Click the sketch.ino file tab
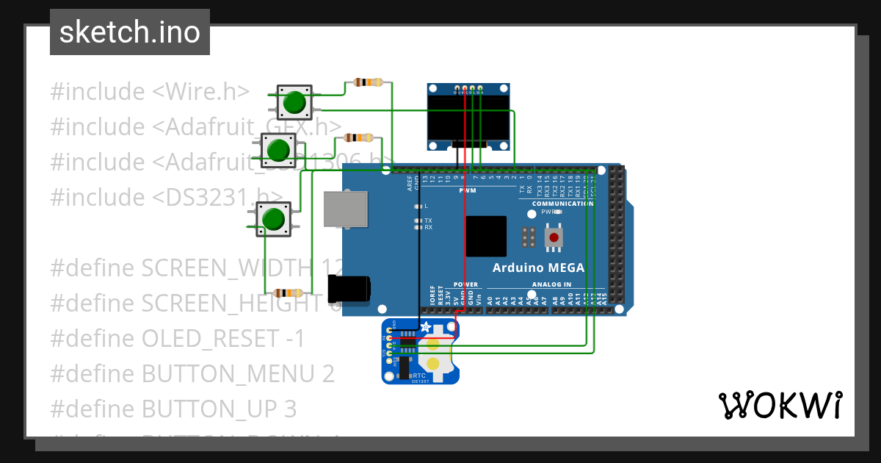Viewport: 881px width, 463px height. coord(130,32)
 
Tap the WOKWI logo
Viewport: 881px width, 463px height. coord(780,405)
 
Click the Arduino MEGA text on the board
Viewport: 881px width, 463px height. coord(538,268)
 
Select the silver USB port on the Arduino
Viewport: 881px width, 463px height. coord(345,209)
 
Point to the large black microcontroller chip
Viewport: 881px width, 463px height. coord(485,236)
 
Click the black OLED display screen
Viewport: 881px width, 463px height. coord(468,121)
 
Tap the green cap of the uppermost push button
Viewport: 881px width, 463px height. coord(294,102)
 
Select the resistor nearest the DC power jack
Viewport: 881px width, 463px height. coord(287,292)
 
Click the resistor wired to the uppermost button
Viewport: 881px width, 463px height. coord(368,82)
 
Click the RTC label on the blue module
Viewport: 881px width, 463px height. coord(419,374)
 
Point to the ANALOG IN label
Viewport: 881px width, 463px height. coord(550,284)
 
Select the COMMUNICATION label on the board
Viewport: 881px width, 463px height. coord(562,204)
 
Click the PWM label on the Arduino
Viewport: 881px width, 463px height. coord(468,191)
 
